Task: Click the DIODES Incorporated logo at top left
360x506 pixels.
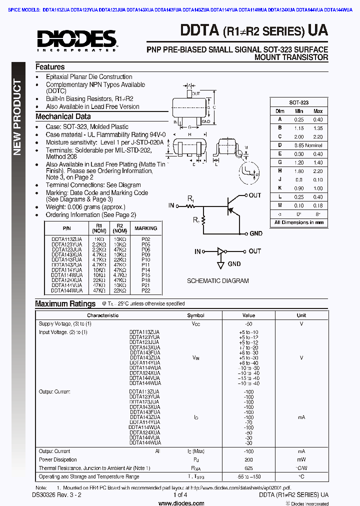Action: click(76, 39)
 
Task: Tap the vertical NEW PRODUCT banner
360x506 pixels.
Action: click(17, 117)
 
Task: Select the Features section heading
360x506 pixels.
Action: click(50, 67)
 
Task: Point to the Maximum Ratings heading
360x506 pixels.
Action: click(65, 303)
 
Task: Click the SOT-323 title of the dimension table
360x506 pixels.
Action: click(299, 102)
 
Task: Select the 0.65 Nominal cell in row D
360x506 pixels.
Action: click(307, 145)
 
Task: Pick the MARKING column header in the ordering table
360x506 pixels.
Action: click(145, 228)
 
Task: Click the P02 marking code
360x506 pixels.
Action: click(145, 240)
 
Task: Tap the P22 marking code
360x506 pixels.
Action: click(145, 290)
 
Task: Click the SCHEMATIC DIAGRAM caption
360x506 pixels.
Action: click(217, 281)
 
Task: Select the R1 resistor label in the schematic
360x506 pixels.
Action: click(191, 199)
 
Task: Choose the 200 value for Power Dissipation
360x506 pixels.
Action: click(248, 459)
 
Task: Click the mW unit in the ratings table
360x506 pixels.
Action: click(301, 459)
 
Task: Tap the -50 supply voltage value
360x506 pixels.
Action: click(248, 324)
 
